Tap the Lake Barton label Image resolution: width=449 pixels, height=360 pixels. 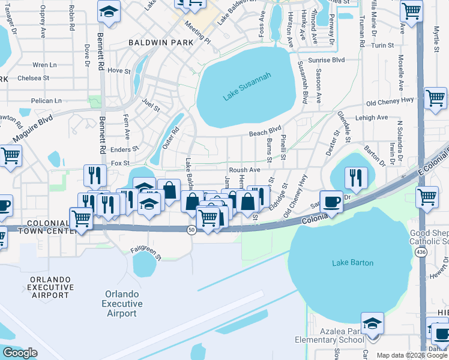pos(353,263)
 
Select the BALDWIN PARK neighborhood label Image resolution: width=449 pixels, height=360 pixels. pos(161,43)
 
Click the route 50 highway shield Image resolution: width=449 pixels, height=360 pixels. pos(190,230)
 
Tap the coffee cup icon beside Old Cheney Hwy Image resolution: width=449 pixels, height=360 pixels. pos(331,201)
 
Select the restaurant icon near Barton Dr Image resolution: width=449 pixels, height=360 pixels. pos(356,177)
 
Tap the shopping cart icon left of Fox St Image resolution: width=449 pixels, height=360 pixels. pos(10,156)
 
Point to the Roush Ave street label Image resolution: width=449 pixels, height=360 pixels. pos(244,170)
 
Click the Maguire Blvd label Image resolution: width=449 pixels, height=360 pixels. pos(37,131)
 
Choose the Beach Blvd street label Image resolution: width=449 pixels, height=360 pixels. pos(265,131)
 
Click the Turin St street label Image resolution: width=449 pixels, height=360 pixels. pos(382,45)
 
